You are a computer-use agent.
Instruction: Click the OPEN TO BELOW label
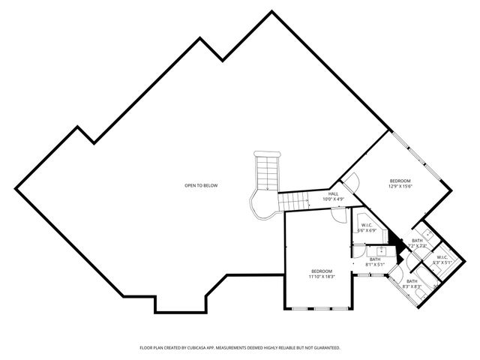tap(202, 185)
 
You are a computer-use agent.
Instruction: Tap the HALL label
tap(333, 193)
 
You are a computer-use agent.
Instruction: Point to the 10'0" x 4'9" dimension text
tap(333, 199)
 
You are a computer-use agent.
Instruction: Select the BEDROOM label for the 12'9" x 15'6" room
tap(400, 180)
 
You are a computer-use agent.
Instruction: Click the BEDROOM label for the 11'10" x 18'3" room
tap(321, 271)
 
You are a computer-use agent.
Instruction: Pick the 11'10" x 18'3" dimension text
tap(321, 277)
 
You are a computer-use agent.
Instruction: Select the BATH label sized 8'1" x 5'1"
tap(375, 259)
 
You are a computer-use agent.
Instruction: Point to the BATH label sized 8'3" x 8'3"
tap(412, 281)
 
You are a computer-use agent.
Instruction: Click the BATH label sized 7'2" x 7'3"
tap(417, 240)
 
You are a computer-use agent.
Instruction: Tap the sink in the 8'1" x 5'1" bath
tap(380, 250)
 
